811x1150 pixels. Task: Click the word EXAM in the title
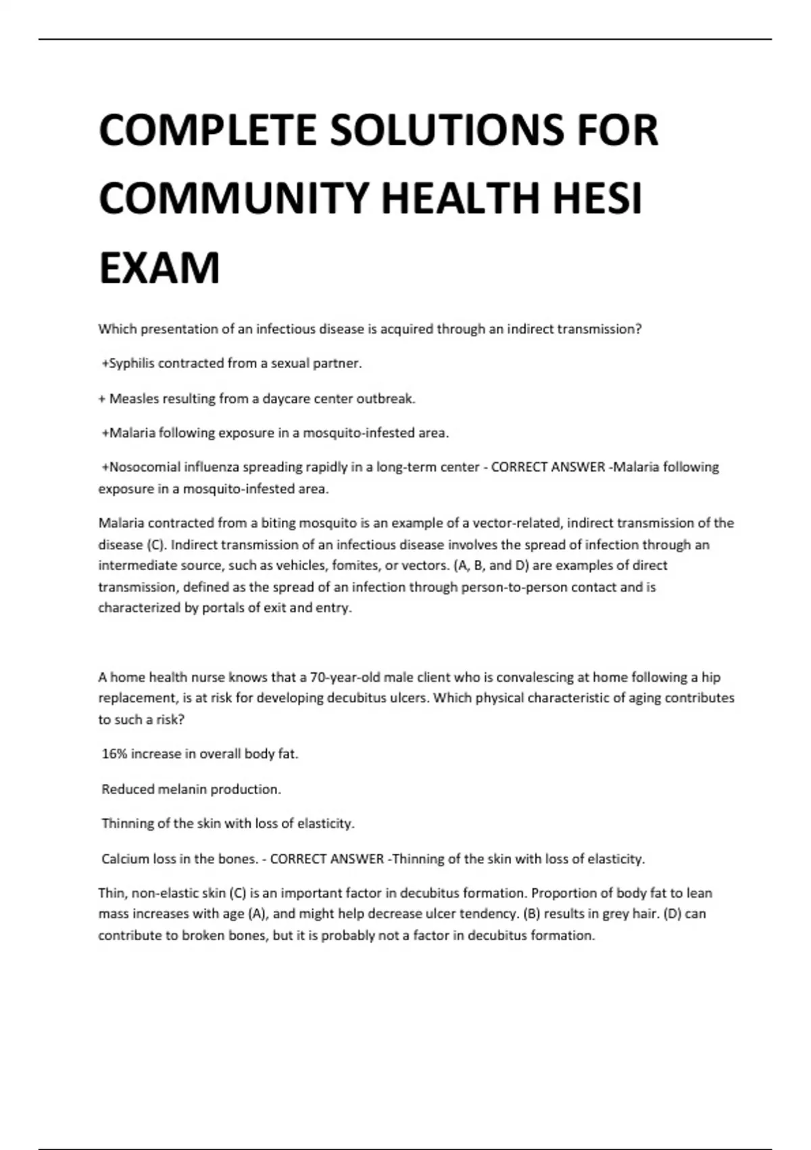159,269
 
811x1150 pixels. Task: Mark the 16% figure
114,754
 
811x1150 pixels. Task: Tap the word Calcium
125,858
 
